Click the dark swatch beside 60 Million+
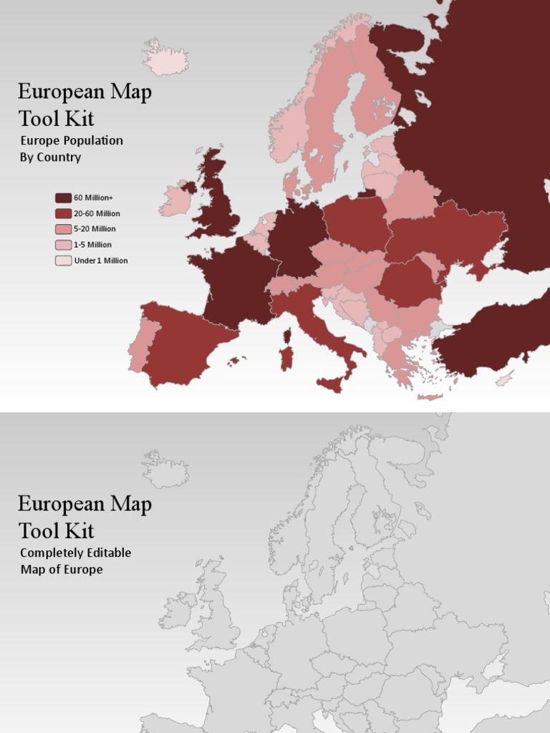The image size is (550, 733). click(63, 198)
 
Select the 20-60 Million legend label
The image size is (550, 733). click(97, 213)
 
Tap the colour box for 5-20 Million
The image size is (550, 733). click(63, 229)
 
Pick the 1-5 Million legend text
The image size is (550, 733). click(92, 245)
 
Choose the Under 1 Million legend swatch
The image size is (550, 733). click(63, 261)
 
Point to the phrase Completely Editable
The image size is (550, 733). click(75, 553)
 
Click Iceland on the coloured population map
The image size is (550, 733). click(165, 59)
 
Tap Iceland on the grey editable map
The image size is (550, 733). click(165, 471)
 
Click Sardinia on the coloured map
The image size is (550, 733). click(286, 357)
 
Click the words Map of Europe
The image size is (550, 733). click(62, 570)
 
